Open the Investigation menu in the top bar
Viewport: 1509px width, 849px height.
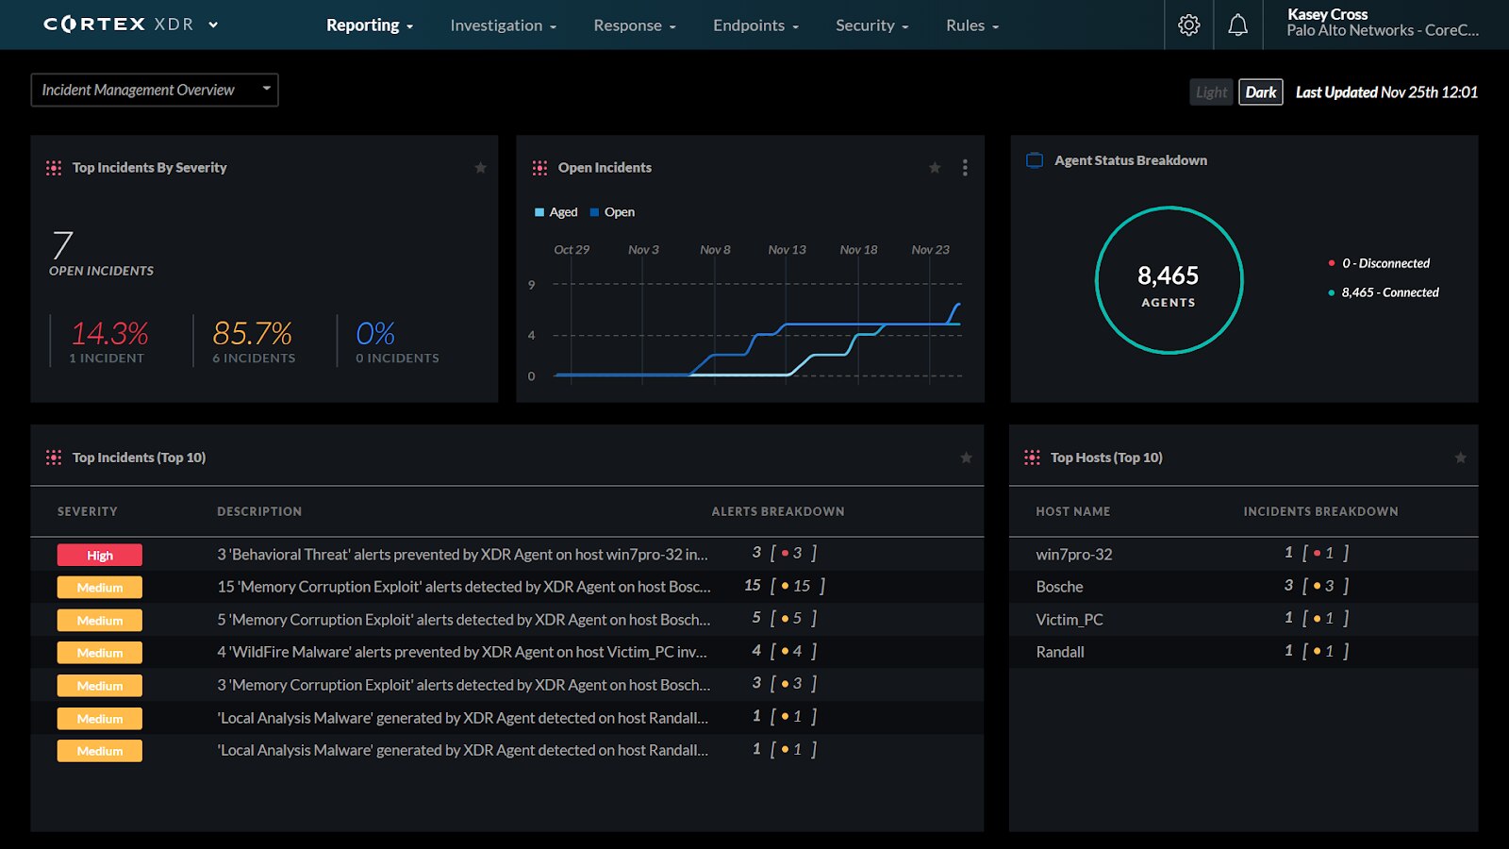point(503,25)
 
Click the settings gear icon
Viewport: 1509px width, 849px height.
point(1189,25)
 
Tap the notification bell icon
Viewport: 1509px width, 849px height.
point(1237,25)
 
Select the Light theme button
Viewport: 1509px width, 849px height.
point(1211,92)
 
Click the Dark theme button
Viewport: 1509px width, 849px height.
point(1260,92)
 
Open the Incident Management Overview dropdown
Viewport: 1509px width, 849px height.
point(155,91)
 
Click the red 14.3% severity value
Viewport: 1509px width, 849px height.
point(109,334)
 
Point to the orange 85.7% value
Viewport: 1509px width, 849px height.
point(252,334)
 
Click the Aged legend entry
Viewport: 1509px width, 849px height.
point(556,212)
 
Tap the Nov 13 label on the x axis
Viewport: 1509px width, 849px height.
point(787,250)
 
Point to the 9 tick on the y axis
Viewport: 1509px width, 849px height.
point(532,285)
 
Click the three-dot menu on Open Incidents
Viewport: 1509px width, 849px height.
point(964,168)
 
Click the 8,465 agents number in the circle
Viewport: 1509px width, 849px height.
point(1168,275)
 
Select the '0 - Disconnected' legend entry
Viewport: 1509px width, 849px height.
point(1385,264)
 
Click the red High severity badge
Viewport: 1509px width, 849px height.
point(99,556)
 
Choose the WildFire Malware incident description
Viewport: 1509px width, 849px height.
point(461,653)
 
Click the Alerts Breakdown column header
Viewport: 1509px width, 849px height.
point(777,511)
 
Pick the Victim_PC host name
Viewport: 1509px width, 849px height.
point(1069,620)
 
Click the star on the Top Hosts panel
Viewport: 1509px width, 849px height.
point(1460,458)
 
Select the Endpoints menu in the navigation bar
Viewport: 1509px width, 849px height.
point(755,25)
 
